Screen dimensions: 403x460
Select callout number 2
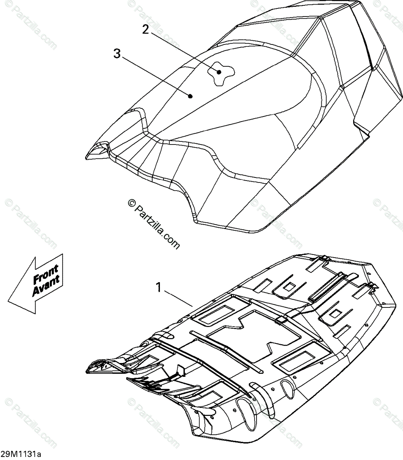coord(145,29)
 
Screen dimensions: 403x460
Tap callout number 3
coord(117,54)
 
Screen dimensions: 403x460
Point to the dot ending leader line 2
coord(219,72)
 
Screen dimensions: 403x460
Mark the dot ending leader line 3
coord(191,97)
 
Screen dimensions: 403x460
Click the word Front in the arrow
coord(45,273)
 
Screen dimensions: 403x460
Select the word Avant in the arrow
coord(46,286)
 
